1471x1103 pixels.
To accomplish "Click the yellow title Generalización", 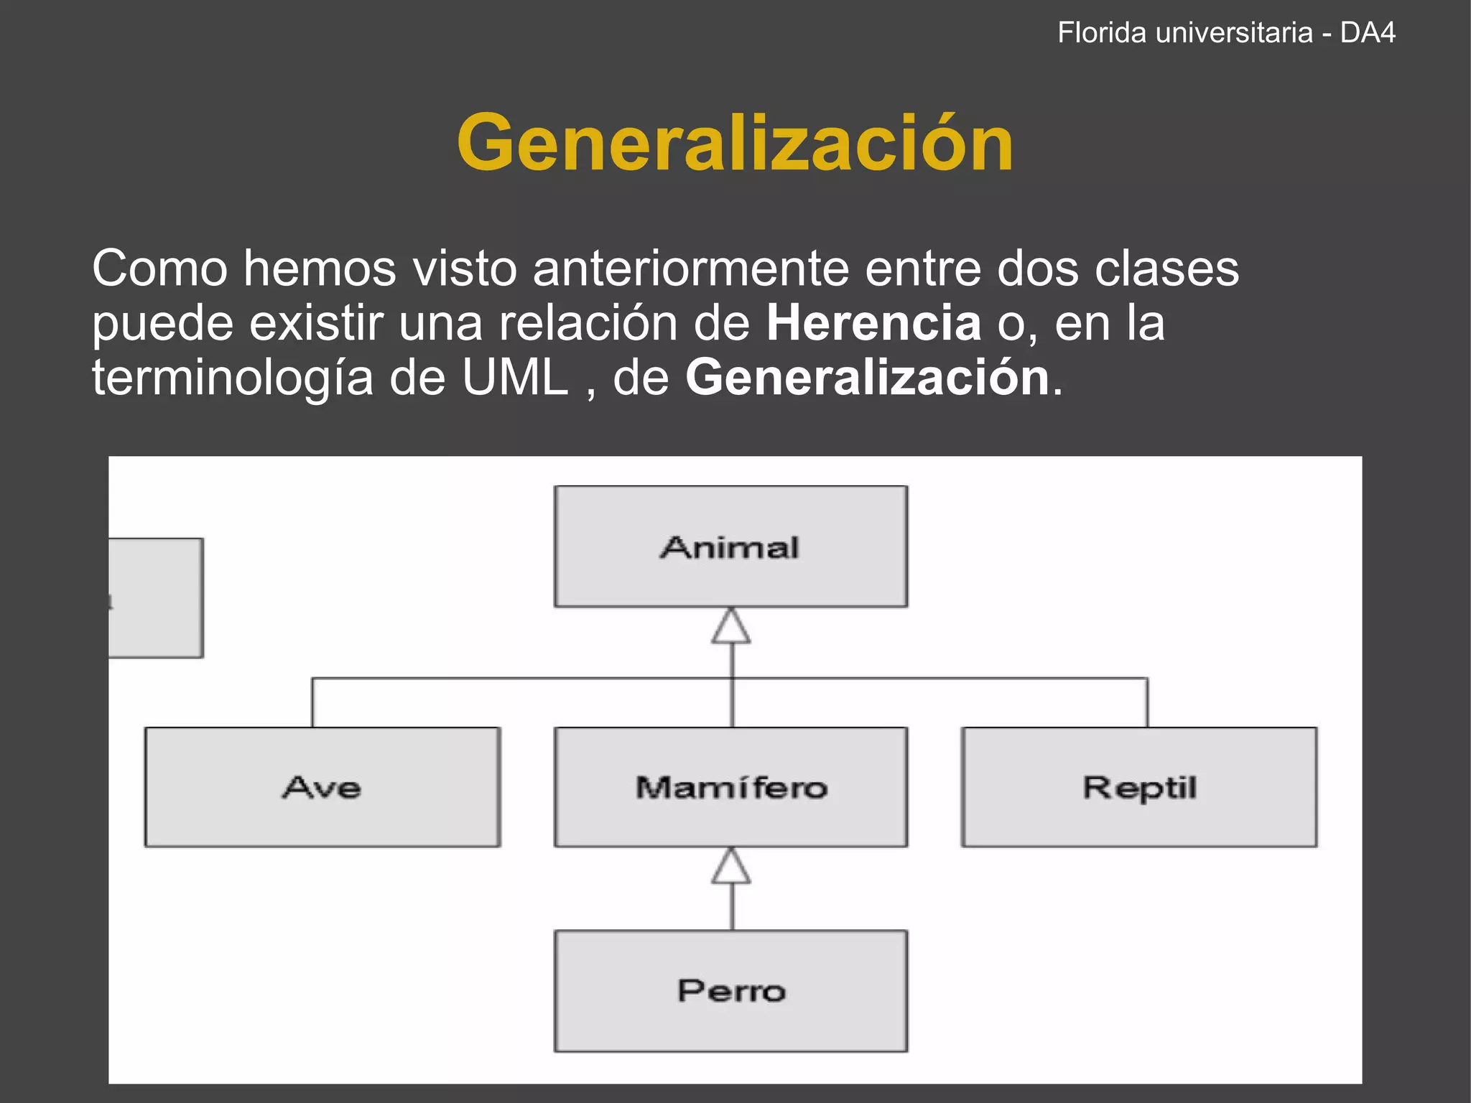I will (735, 144).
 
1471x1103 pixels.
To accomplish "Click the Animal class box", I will (730, 547).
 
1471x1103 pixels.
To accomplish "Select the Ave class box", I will (322, 788).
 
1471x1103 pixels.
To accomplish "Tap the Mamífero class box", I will (730, 788).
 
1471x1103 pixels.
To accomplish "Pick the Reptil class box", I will (1139, 788).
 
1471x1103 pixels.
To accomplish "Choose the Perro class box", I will (730, 991).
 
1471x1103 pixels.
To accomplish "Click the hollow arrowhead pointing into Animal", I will (731, 626).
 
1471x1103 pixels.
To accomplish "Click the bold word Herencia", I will (873, 323).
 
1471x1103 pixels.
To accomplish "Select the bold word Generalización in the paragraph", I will (868, 378).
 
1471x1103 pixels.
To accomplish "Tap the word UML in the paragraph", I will (515, 378).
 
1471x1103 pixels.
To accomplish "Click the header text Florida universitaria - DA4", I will (1226, 33).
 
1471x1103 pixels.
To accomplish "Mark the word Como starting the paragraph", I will (159, 269).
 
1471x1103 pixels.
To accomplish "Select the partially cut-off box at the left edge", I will (156, 597).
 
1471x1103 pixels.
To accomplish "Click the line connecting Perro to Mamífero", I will (732, 908).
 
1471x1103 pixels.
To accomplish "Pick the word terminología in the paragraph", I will (233, 378).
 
